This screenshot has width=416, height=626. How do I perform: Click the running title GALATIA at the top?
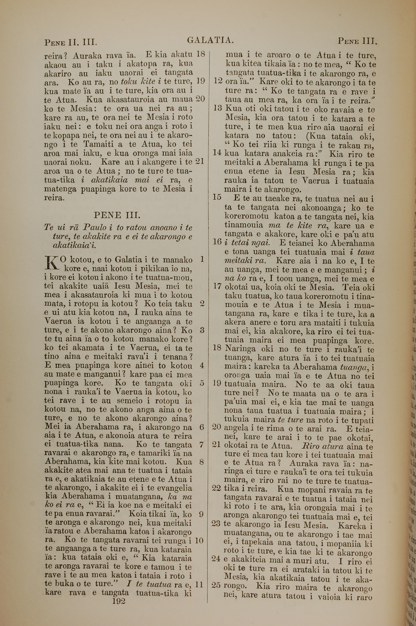pos(210,40)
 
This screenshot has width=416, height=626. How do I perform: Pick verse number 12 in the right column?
pos(218,81)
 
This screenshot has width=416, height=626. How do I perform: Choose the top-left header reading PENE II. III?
pos(71,42)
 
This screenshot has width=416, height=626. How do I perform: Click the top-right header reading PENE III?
pos(357,41)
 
